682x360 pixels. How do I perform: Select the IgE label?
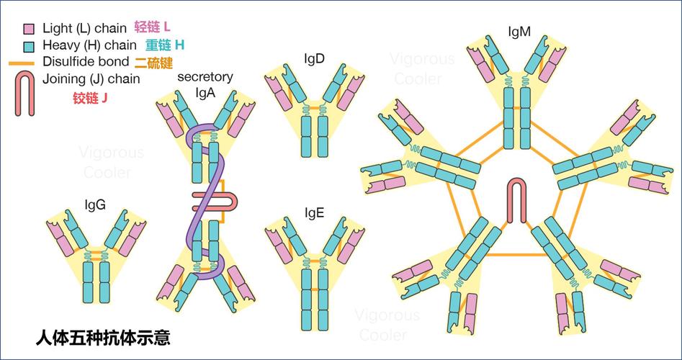point(314,212)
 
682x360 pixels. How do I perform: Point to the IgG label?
point(95,204)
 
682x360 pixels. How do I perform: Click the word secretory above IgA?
point(205,77)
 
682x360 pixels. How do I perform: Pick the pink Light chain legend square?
point(29,30)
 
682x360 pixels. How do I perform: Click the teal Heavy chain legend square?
point(29,45)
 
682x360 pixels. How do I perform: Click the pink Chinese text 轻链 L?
point(153,27)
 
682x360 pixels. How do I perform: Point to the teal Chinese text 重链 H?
point(164,45)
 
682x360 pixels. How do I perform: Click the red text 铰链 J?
point(90,98)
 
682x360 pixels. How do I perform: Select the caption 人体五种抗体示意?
point(103,336)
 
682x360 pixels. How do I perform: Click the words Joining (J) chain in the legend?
point(91,78)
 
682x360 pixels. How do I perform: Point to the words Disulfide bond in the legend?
point(86,62)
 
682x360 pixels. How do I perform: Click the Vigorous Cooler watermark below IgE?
point(387,325)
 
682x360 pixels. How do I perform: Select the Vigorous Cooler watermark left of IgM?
point(423,68)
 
